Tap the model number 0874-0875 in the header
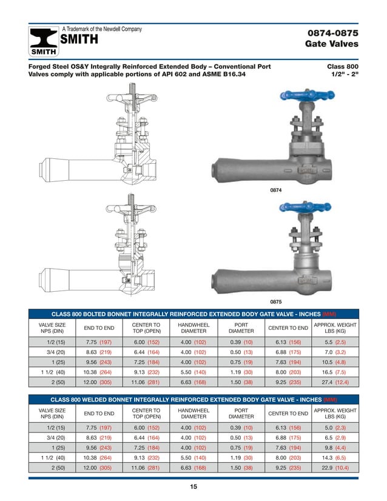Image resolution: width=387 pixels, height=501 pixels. (333, 32)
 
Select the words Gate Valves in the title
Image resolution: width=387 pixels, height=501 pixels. (333, 44)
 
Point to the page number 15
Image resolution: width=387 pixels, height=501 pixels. (193, 486)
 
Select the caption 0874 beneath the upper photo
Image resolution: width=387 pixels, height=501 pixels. (277, 190)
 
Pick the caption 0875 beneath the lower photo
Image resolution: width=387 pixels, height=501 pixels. (277, 301)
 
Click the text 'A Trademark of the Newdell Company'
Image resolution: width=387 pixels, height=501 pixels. (103, 29)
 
